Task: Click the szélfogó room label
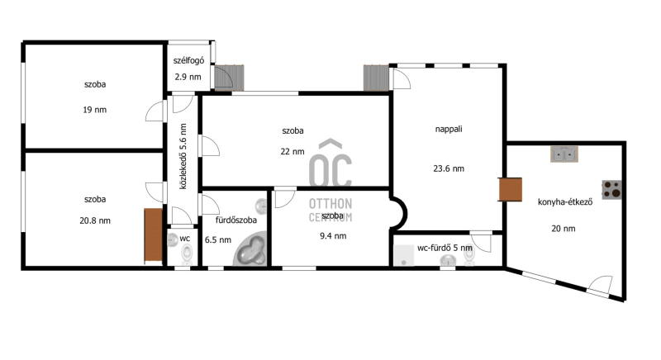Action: (x=188, y=60)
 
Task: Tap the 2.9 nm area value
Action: (x=188, y=77)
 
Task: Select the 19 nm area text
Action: (x=95, y=110)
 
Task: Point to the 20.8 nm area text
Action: (x=95, y=220)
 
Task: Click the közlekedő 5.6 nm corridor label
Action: (x=183, y=156)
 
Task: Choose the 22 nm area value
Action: (x=292, y=152)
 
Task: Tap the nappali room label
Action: (x=449, y=130)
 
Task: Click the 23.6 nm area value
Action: (x=449, y=168)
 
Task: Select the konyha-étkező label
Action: (x=565, y=202)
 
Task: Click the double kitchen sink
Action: (x=564, y=154)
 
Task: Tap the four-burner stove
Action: (x=611, y=189)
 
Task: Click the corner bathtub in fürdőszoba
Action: (x=250, y=249)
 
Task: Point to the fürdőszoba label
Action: (x=236, y=220)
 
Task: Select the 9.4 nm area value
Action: (x=333, y=236)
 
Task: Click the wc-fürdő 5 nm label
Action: (x=445, y=248)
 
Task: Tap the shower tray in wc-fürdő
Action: (x=403, y=256)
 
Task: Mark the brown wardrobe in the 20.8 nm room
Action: (x=154, y=235)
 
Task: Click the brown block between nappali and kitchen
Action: (x=510, y=189)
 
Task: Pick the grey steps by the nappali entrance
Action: (x=376, y=78)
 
